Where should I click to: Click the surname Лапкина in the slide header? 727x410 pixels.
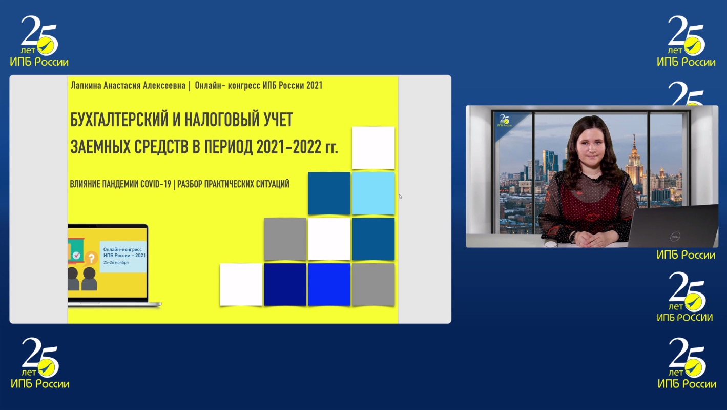coord(86,86)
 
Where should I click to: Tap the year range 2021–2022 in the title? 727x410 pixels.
coord(288,147)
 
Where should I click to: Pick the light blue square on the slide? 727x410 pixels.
coord(373,193)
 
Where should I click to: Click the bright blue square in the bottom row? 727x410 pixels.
coord(329,284)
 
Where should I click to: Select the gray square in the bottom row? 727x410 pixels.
coord(373,284)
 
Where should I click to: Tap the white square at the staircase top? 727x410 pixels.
coord(373,148)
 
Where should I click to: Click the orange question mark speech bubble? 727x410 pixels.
coord(91,259)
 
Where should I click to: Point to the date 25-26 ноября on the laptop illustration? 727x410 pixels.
coord(116,262)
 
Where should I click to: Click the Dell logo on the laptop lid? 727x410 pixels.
coord(675,237)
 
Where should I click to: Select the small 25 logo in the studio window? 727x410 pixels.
coord(504,120)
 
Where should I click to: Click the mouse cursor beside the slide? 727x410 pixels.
coord(400,196)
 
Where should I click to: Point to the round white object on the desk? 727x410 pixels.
coord(550,244)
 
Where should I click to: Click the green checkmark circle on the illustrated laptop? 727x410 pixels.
coord(76,255)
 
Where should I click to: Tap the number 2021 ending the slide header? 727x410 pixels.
coord(314,86)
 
